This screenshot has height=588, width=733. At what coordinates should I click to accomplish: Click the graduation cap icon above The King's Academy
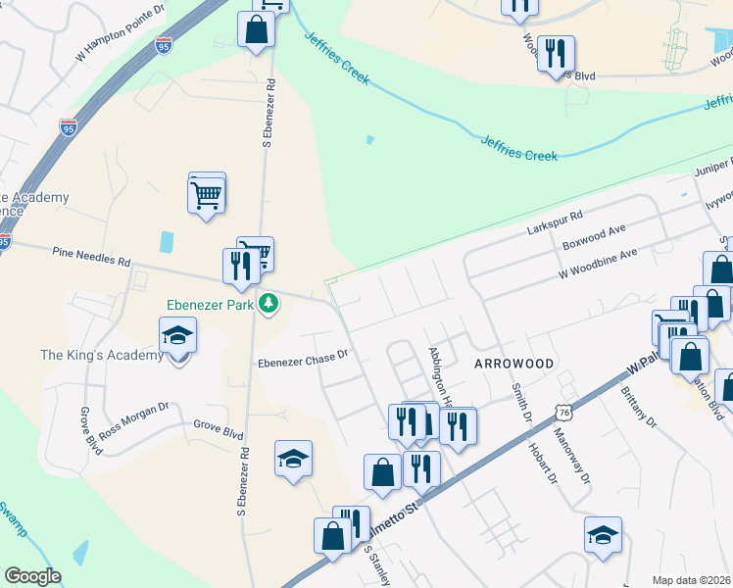(177, 336)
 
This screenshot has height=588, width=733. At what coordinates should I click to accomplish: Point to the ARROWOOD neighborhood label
(513, 364)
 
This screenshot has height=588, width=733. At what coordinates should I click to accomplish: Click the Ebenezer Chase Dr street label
(303, 360)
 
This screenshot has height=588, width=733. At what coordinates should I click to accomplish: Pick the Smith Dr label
(518, 403)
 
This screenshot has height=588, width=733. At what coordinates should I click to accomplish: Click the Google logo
(32, 576)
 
